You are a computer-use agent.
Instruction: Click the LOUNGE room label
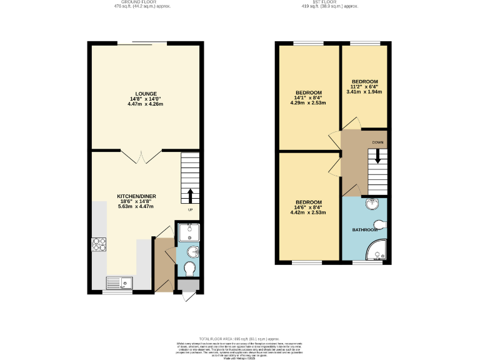[x=146, y=93]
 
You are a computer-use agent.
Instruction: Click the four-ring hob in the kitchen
[x=99, y=244]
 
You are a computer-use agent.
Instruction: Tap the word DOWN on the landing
[x=378, y=142]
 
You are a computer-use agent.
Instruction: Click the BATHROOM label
[x=364, y=230]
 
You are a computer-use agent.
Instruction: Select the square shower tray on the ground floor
[x=189, y=233]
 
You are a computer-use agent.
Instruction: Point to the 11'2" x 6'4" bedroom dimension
[x=364, y=87]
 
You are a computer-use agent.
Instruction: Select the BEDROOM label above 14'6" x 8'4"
[x=309, y=202]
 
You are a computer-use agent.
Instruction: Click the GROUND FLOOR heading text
[x=139, y=2]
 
